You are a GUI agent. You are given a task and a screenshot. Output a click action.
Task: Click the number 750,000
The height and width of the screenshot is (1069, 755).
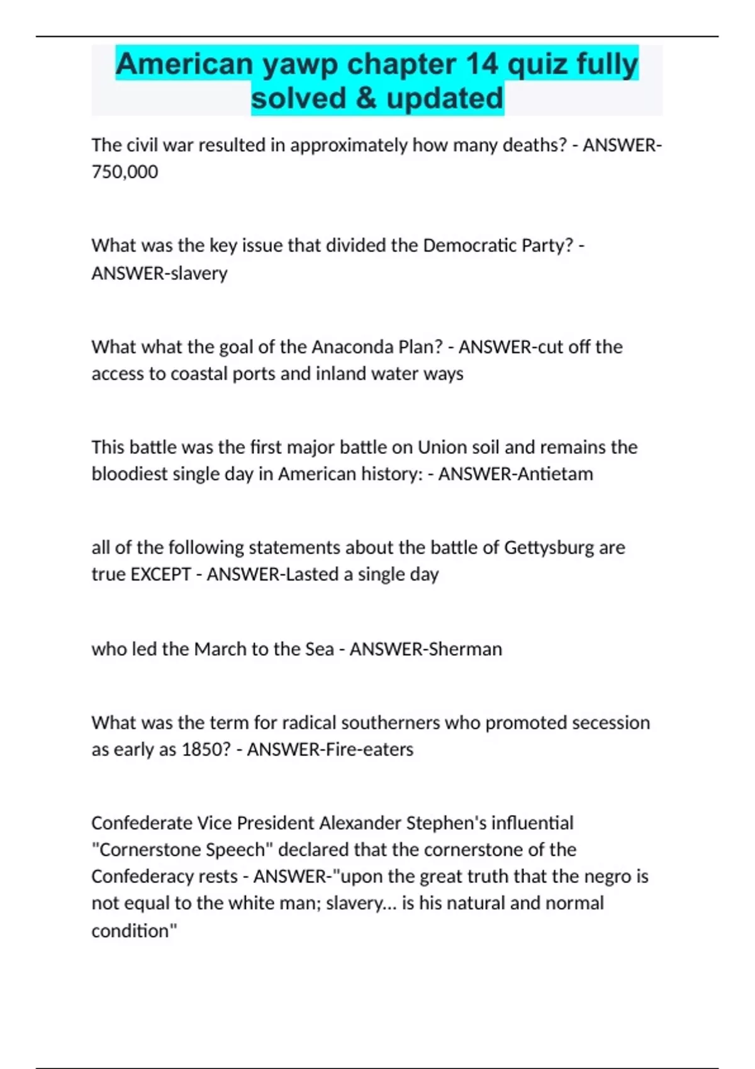[125, 172]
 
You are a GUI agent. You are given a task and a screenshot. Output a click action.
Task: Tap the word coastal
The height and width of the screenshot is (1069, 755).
[199, 374]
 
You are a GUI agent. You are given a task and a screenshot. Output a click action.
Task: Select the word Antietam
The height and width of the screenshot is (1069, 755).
[554, 474]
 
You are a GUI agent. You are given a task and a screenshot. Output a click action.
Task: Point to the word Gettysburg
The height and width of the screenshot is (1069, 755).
[549, 547]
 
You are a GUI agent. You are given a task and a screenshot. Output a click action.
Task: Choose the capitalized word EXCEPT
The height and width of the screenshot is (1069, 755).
[160, 574]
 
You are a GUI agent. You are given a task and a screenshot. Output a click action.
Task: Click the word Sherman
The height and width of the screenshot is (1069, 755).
[464, 649]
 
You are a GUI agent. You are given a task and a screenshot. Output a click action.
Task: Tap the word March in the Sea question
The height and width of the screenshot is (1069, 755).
[220, 649]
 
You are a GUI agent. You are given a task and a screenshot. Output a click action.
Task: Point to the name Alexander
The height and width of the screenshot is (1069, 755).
[360, 823]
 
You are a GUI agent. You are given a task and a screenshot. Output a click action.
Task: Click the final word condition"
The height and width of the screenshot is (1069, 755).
[134, 931]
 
